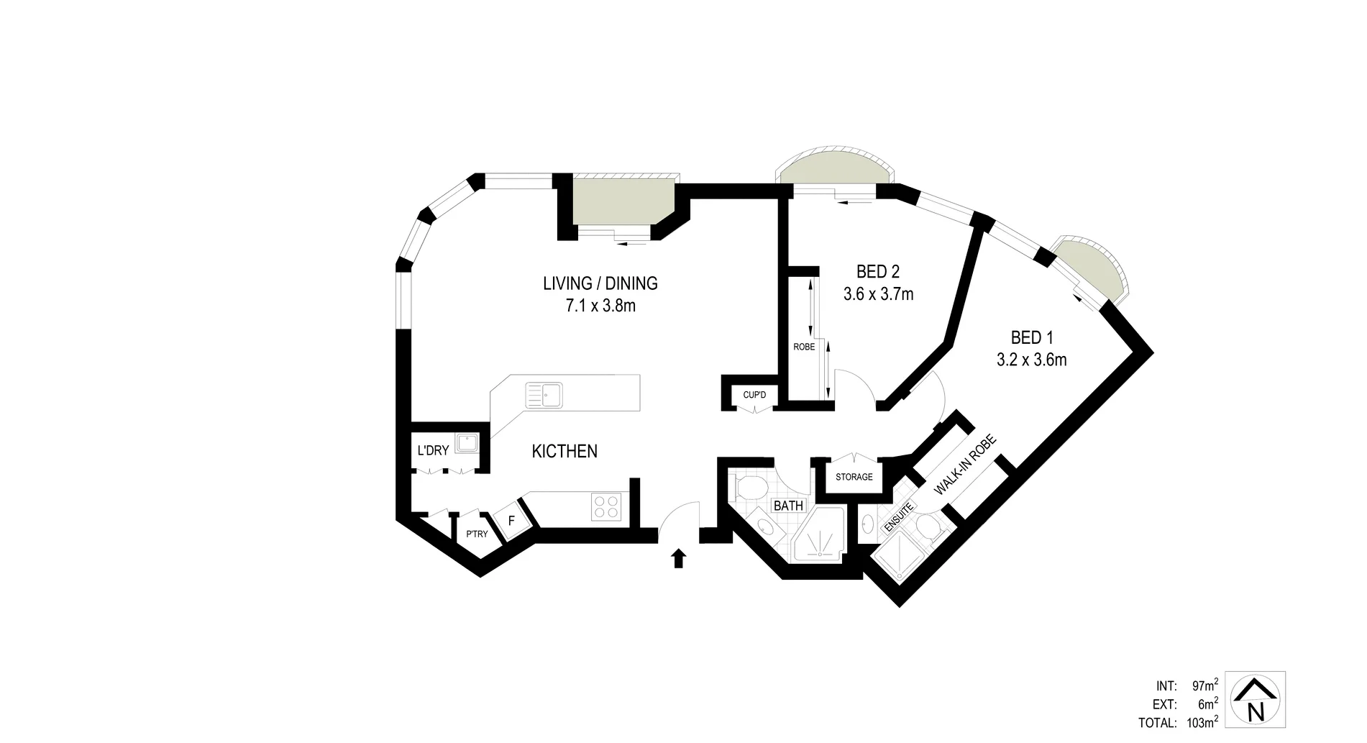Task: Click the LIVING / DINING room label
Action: tap(600, 283)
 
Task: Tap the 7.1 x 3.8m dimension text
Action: tap(600, 306)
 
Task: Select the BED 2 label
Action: tap(878, 272)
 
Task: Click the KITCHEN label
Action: tap(564, 452)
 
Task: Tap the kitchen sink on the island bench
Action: tap(545, 395)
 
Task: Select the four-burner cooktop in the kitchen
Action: tap(606, 507)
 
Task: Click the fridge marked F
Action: tap(511, 519)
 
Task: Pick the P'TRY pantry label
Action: tap(477, 534)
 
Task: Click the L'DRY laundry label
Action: tap(433, 451)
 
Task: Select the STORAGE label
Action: tap(854, 477)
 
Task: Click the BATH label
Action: tap(788, 506)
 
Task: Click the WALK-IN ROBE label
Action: tap(965, 465)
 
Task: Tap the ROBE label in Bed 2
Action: tap(804, 347)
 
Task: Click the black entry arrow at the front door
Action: tap(678, 559)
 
